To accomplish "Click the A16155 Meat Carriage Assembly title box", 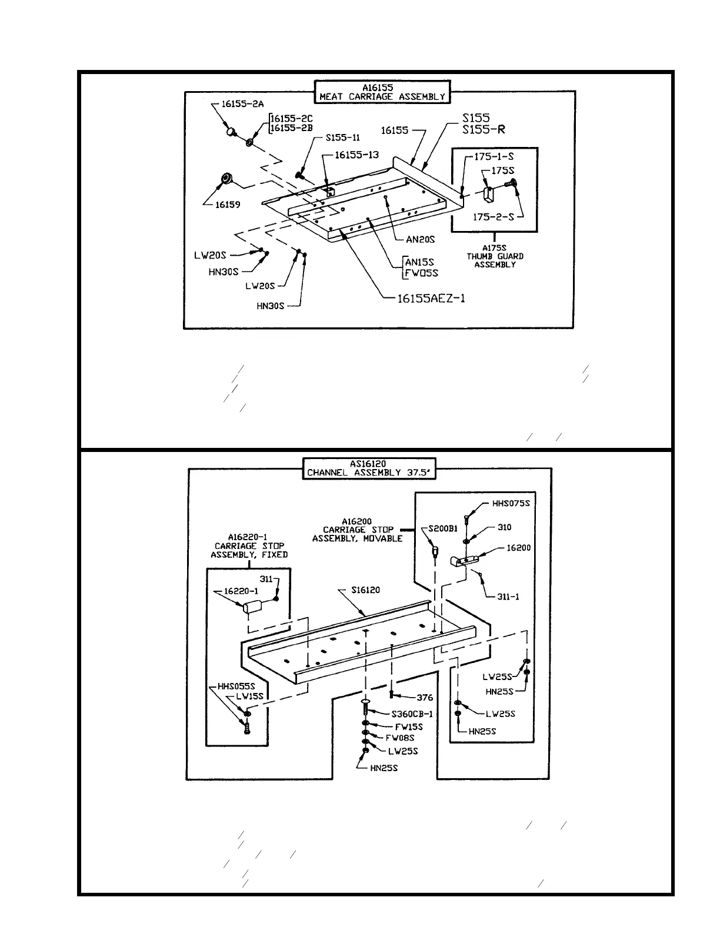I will click(x=382, y=92).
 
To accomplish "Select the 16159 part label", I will click(x=228, y=205).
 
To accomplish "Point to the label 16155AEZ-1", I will click(x=431, y=298).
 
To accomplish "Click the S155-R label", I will click(x=484, y=129).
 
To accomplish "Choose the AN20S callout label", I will click(x=420, y=239).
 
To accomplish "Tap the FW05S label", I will click(x=421, y=273).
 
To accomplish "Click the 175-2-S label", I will click(x=494, y=217).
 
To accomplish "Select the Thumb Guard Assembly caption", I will click(x=495, y=256).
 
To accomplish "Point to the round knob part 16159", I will click(x=225, y=178).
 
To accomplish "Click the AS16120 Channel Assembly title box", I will click(x=369, y=468).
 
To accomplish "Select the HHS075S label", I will click(x=511, y=503).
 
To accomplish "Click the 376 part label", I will click(x=425, y=698).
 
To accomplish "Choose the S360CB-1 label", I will click(x=412, y=714).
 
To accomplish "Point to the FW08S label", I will click(x=400, y=738).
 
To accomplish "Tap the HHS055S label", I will click(x=236, y=686).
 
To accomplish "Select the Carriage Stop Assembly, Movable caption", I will click(x=358, y=530).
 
